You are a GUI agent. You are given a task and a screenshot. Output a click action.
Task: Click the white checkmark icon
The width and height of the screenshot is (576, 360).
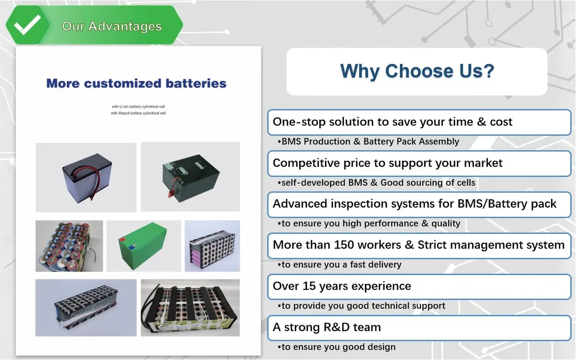pos(28,25)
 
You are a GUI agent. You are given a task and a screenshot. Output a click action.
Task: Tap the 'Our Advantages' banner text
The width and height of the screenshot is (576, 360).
pos(112,26)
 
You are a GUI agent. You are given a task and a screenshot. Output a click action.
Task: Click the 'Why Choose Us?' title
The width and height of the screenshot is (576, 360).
pos(417,71)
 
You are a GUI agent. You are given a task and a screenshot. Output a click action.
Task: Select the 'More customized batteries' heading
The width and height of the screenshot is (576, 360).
pos(136,84)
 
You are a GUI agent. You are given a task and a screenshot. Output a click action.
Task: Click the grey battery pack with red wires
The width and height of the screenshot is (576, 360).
pos(86,177)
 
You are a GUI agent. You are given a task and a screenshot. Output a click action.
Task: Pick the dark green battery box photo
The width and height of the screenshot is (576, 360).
pos(190,177)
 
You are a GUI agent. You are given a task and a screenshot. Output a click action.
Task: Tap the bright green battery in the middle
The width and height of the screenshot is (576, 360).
pos(144,246)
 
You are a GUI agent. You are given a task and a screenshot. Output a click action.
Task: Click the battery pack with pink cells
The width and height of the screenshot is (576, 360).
pos(212,246)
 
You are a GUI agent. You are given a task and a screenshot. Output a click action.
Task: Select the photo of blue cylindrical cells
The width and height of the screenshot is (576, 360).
pos(69,246)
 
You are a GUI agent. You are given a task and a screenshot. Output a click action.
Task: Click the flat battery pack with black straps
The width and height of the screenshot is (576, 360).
pos(190,308)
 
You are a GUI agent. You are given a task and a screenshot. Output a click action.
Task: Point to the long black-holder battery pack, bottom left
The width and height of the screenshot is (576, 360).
pos(86,308)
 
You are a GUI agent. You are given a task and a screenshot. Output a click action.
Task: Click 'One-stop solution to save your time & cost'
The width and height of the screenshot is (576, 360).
pos(392,122)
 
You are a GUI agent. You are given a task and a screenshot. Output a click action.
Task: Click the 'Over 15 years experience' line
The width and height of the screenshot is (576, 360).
pos(342,286)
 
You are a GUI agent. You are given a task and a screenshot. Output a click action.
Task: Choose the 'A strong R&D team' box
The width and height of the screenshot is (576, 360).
pos(326,327)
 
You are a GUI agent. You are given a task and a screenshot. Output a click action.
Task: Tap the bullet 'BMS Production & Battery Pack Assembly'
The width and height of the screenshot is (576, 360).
pos(368,141)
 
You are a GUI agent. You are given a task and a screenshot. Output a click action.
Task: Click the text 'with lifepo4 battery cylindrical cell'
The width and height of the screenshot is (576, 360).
pos(138,113)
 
